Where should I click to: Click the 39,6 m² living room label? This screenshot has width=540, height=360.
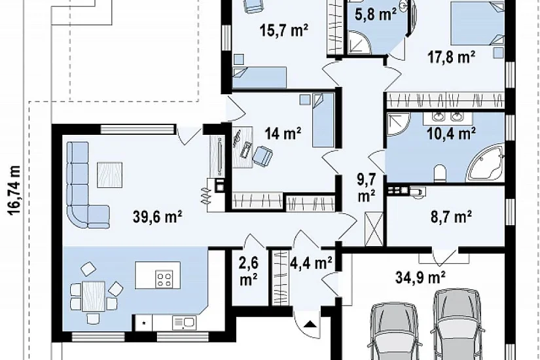157,217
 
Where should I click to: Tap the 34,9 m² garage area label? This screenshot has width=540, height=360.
420,277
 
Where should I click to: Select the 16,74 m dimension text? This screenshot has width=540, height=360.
14,190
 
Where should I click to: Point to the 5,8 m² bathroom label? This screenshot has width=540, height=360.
376,14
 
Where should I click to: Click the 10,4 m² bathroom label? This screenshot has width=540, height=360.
451,133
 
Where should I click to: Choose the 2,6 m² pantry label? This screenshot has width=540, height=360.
248,272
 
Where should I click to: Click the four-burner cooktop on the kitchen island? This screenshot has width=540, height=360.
164,279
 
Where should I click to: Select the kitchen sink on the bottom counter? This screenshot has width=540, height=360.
183,323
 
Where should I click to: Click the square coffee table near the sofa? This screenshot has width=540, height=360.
109,175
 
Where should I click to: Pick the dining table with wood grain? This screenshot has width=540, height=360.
94,297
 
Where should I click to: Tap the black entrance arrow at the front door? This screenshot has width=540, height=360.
310,324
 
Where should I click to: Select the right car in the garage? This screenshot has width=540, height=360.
457,325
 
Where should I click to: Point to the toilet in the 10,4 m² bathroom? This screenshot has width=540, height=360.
440,173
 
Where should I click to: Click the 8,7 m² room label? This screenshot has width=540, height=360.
451,217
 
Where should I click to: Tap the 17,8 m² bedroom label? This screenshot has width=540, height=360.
451,57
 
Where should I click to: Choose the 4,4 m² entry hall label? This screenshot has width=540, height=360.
311,263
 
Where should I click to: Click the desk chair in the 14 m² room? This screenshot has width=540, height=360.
262,155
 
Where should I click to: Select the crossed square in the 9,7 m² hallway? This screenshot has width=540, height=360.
374,229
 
